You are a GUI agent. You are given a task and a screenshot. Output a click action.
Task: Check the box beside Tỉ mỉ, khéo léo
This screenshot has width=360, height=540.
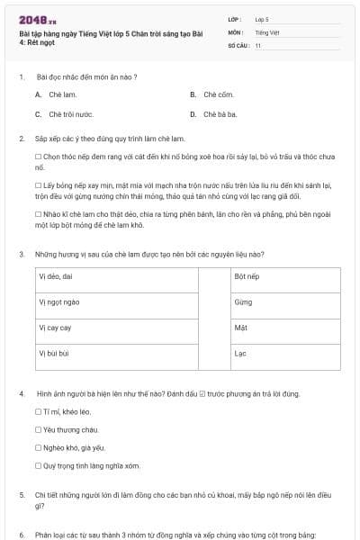point(38,411)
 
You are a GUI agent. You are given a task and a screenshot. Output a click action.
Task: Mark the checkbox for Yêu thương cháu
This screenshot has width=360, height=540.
point(38,429)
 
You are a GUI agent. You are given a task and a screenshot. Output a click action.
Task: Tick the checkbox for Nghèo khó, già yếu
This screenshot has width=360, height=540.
point(38,447)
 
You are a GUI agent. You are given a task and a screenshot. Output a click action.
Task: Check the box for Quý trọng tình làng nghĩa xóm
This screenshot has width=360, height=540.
point(38,465)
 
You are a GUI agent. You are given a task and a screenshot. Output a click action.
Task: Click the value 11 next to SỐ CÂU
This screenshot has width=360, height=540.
point(258,44)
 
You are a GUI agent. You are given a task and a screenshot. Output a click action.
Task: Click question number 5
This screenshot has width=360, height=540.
point(22,495)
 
